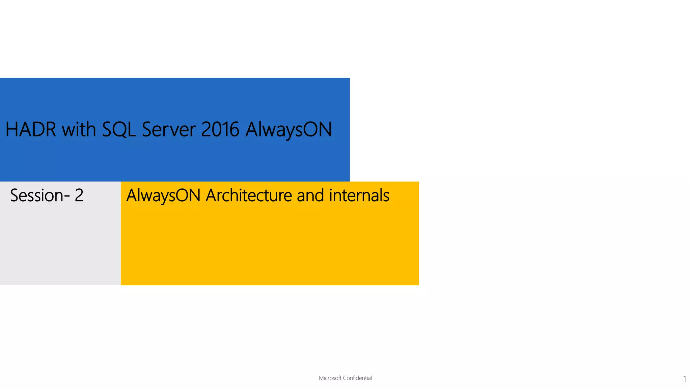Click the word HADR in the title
31,129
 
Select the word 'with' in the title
79,129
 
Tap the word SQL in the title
119,129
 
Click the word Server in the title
169,129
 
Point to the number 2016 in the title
220,129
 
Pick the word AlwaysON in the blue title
289,129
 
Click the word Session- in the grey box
40,196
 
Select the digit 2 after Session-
79,196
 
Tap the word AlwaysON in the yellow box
163,196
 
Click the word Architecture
249,196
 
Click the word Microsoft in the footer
330,378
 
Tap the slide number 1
685,379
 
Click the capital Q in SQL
120,130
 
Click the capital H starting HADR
12,129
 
